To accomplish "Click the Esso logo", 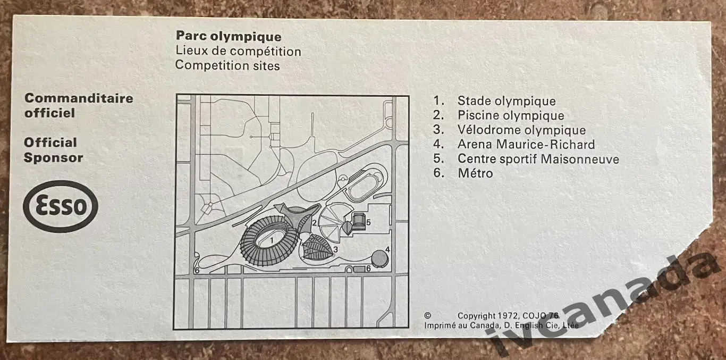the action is click(61, 206).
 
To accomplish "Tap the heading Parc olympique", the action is click(229, 36).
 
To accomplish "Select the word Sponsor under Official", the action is click(54, 158).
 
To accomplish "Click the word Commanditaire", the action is click(79, 98).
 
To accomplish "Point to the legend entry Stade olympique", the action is click(506, 101).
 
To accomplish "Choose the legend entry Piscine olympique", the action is click(511, 115).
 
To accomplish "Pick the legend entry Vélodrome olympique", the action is click(522, 130).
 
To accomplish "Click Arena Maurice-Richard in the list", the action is click(526, 144).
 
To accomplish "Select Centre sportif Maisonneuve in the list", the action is click(538, 159).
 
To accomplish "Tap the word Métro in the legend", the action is click(475, 173).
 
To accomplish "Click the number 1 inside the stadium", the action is click(272, 240).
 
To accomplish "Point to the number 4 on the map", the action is click(387, 250).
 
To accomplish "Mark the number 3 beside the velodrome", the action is click(335, 249).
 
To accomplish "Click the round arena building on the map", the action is click(380, 258).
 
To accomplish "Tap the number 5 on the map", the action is click(368, 222).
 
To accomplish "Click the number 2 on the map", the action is click(315, 223).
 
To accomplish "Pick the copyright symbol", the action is click(427, 315).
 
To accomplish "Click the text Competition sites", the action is click(227, 65).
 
